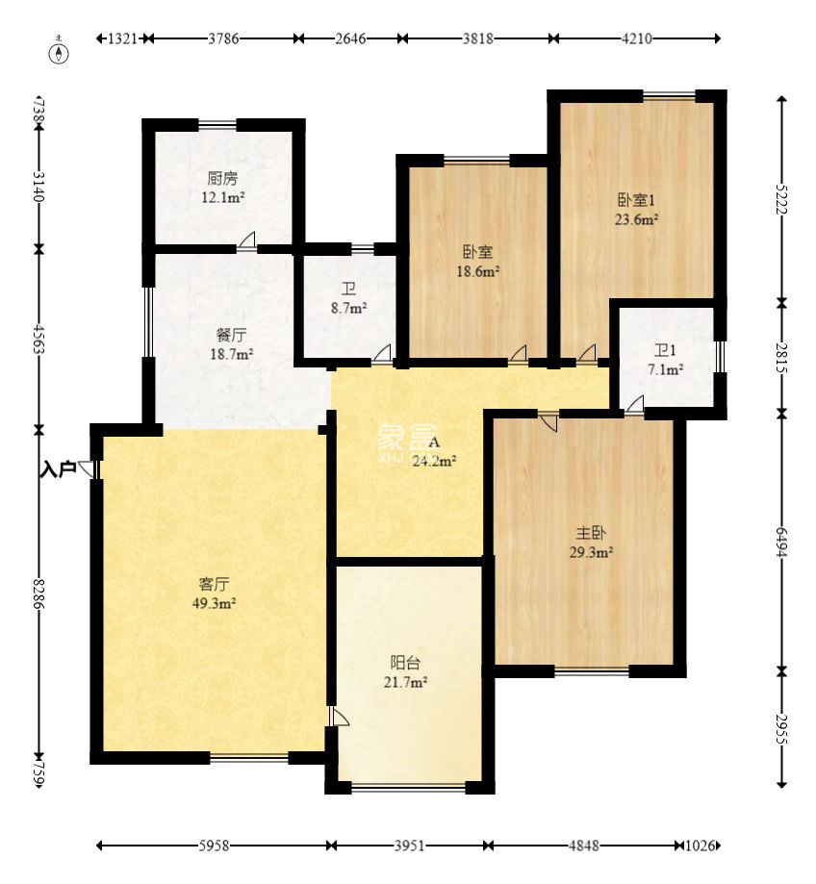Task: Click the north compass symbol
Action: [x=60, y=52]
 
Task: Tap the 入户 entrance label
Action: [x=58, y=468]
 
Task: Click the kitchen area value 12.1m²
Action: [x=222, y=198]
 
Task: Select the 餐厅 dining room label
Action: [x=231, y=335]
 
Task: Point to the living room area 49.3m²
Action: [x=214, y=603]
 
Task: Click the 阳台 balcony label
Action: [x=405, y=663]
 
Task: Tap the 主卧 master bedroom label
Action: [x=591, y=533]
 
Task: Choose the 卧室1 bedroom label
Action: [x=636, y=200]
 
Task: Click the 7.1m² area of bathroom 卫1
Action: [x=666, y=369]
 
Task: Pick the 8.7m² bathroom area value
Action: [x=348, y=309]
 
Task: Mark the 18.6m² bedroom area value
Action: [x=477, y=271]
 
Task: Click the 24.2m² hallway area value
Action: [x=434, y=461]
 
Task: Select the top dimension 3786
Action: [x=223, y=38]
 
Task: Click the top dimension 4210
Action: [x=637, y=38]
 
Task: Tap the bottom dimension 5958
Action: [x=214, y=846]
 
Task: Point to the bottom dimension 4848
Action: [x=584, y=846]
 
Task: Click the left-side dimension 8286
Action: [x=38, y=594]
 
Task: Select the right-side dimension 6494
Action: [x=781, y=543]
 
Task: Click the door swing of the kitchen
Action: [x=246, y=240]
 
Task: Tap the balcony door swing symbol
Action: [x=340, y=717]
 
